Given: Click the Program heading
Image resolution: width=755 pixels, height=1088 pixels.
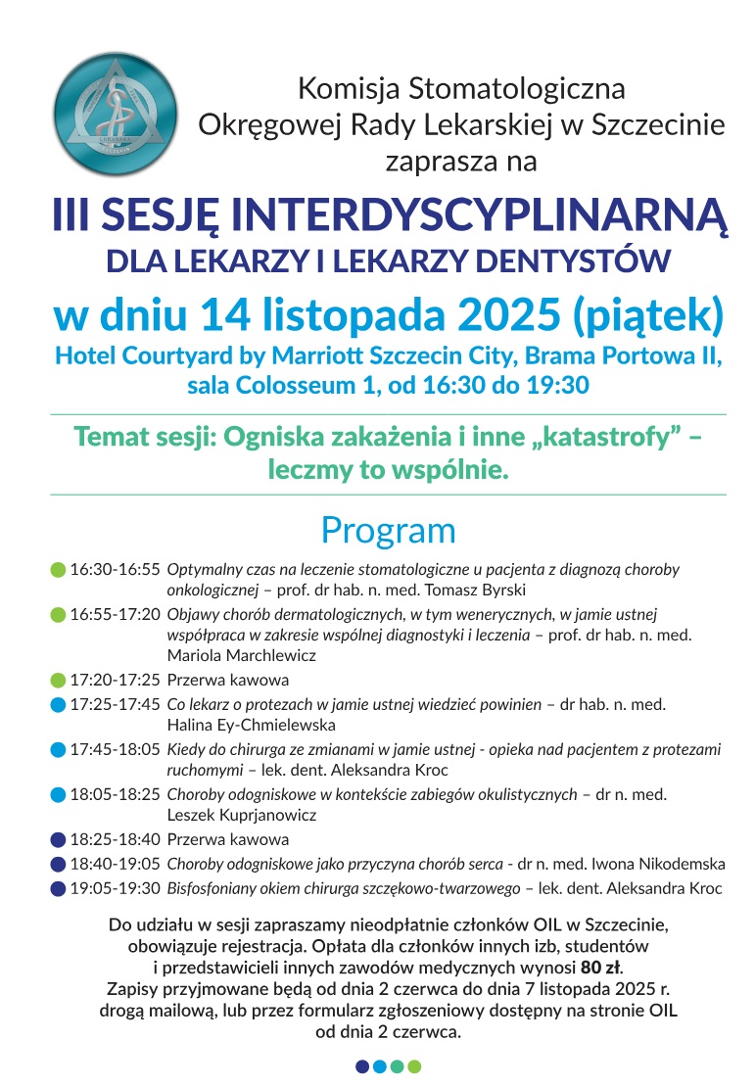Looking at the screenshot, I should [388, 530].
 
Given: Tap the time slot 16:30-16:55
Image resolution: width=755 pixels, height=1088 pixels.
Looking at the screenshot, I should [114, 569].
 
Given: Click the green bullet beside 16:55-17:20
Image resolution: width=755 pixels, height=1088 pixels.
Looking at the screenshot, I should [58, 615].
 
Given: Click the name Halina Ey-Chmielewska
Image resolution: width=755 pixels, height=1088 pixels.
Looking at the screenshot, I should [252, 725].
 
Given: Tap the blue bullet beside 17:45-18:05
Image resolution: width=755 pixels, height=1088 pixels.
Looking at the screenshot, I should [58, 750].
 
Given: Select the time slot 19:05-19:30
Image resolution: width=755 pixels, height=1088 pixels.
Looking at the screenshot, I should [114, 888].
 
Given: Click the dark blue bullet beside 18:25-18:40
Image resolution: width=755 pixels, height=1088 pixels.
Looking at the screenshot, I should [58, 839].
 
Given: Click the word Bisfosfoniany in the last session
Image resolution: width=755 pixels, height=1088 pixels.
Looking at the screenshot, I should [212, 888].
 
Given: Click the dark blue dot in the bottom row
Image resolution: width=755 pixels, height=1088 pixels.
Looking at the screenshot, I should [362, 1066].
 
